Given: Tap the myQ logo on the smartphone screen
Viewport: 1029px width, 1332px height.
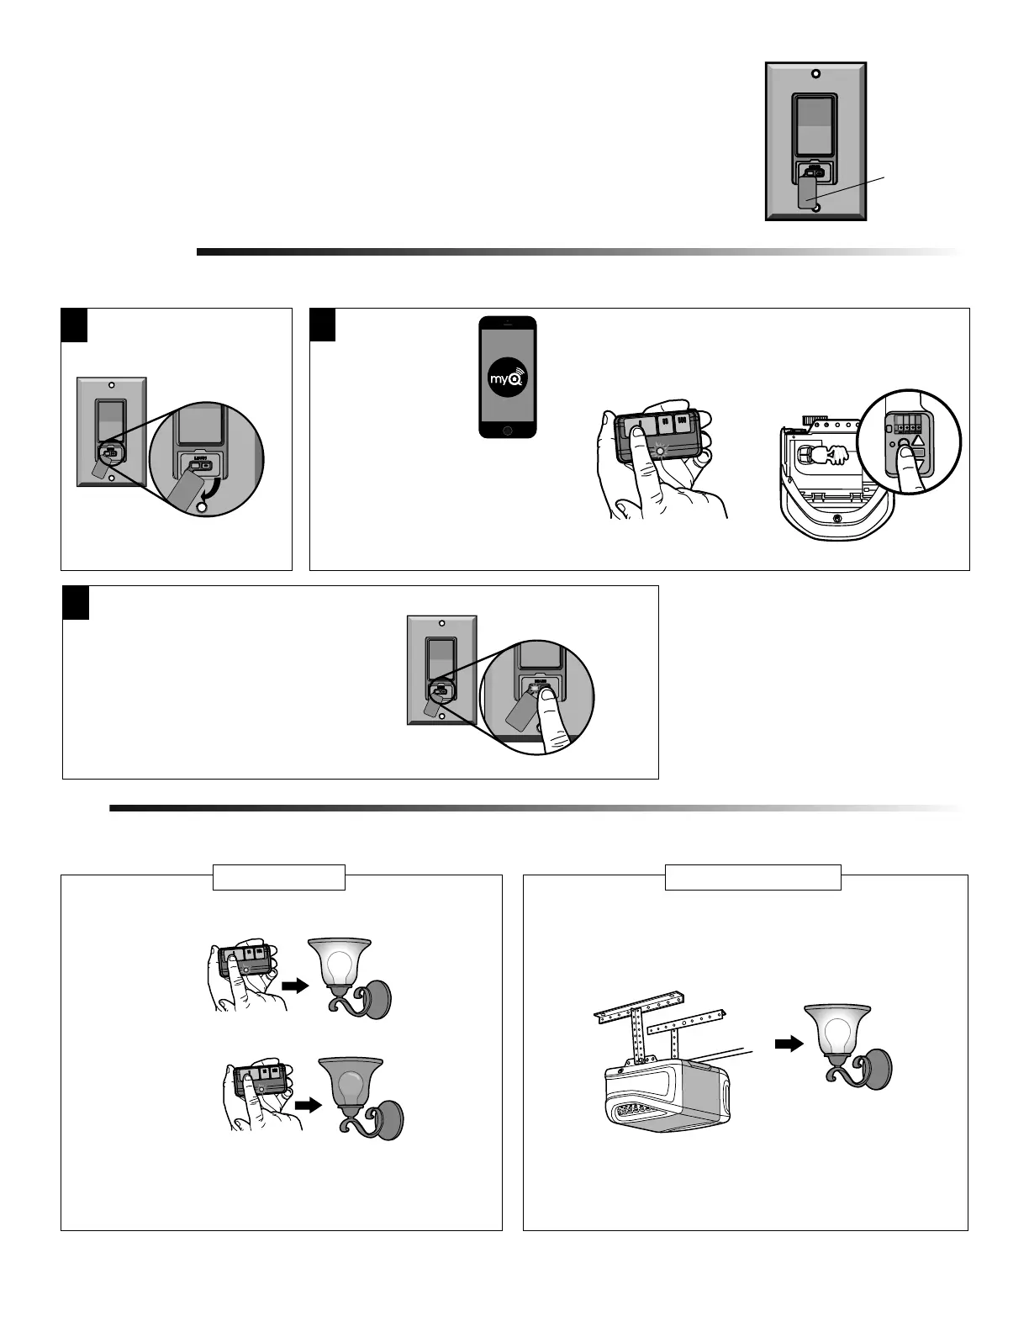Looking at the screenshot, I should pos(507,378).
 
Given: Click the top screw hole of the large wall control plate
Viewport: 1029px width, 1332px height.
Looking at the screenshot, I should pos(815,73).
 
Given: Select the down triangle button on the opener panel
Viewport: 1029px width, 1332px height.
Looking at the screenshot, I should pos(918,455).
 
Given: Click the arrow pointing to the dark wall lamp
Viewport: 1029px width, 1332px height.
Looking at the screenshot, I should pos(309,1106).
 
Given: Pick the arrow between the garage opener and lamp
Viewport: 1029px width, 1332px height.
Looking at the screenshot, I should pos(787,1044).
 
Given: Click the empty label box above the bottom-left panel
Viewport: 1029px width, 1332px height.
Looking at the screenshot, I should pos(278,877).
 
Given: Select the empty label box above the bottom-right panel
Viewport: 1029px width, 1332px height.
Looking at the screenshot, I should pos(752,877).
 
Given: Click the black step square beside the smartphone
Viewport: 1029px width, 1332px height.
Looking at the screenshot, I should pos(323,325).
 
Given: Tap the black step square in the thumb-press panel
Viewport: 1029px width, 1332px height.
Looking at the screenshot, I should pos(76,602).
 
